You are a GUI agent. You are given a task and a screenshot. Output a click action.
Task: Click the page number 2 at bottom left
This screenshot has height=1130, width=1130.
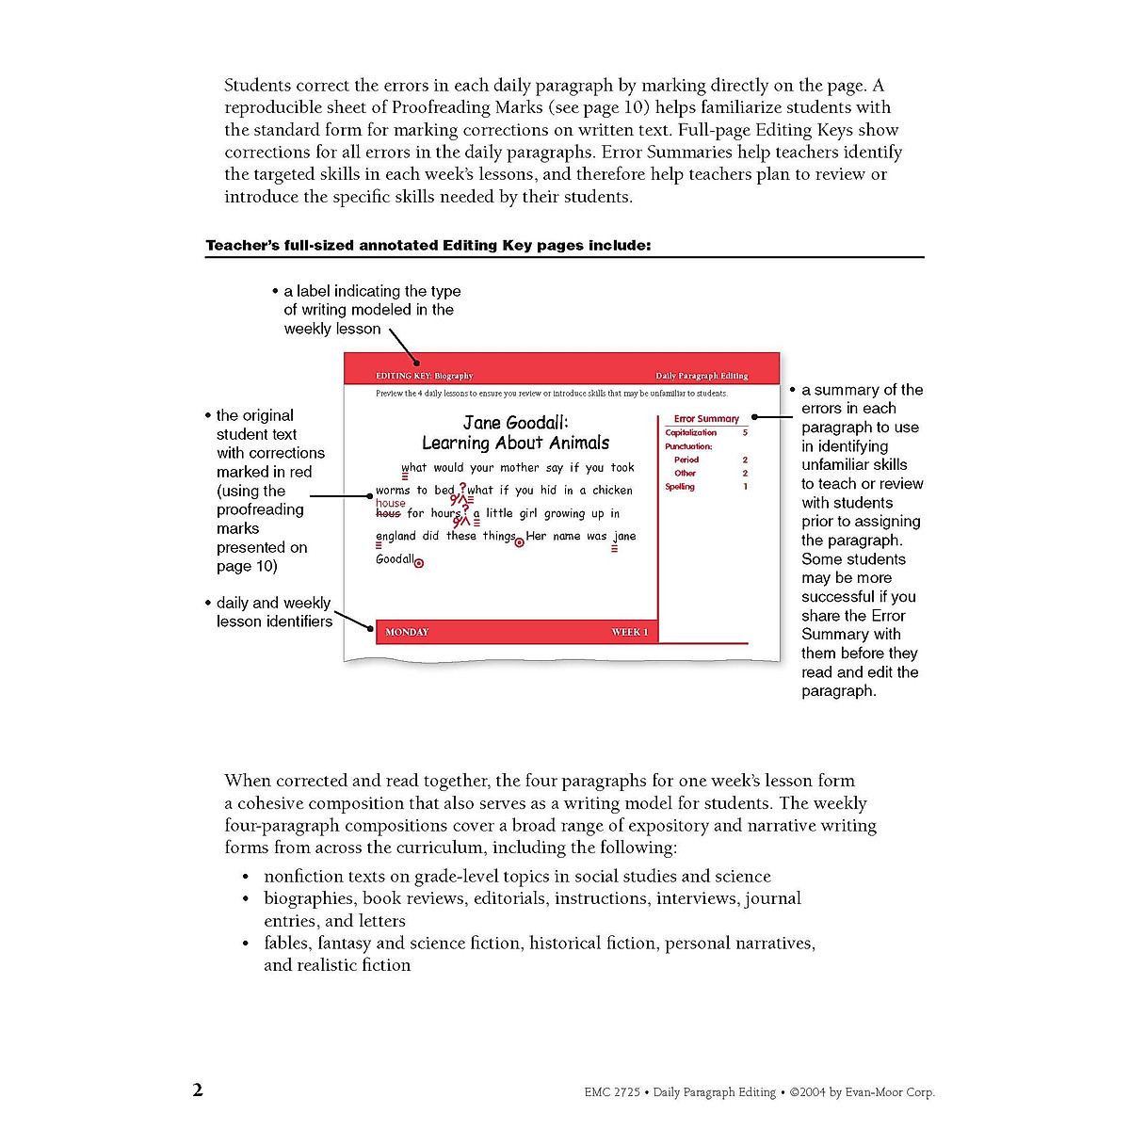point(198,1090)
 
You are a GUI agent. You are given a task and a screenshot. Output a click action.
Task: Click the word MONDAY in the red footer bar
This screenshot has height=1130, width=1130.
point(407,632)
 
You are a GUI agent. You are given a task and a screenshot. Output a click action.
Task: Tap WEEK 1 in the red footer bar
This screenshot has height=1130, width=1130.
point(629,632)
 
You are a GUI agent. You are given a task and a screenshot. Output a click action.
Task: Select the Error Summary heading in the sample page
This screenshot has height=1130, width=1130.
point(706,418)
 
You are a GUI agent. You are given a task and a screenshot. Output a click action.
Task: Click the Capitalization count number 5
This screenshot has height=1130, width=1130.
point(745,432)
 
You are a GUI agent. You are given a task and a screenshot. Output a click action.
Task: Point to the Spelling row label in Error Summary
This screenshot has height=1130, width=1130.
point(680,487)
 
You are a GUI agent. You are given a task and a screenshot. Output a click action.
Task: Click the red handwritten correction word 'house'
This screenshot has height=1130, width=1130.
point(390,503)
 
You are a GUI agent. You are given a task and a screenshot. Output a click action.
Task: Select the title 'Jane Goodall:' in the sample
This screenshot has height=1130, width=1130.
point(515,422)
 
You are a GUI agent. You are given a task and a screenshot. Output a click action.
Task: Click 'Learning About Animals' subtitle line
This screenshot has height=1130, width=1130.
point(515,443)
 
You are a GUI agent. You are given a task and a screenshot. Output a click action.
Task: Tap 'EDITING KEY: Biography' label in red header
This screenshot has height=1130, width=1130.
point(424,376)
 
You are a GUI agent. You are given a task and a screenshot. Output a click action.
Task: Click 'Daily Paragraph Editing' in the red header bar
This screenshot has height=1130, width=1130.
point(702,376)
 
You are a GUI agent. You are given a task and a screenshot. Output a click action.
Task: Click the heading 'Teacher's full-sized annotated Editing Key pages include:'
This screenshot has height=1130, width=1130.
point(428,246)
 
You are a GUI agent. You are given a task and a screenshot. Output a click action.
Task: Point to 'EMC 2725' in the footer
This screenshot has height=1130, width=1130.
point(611,1092)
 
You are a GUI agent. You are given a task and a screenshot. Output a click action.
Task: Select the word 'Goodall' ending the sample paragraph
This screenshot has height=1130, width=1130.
point(394,559)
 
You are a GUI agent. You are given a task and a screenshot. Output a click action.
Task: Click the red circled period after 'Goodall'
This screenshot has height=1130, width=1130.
point(419,563)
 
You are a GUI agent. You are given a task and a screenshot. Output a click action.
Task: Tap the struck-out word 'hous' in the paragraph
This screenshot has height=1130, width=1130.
point(387,514)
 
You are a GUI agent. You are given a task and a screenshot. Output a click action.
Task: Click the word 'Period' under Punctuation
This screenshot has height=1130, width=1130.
point(686,460)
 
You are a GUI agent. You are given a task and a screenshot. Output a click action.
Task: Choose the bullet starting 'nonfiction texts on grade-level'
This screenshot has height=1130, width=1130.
point(517,877)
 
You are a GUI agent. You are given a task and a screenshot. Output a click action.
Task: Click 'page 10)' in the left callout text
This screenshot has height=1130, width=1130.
point(247,566)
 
